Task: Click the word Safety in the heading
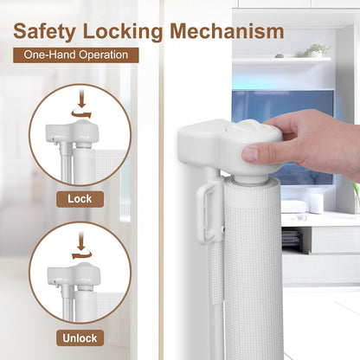(44, 32)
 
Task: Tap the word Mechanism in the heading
(228, 31)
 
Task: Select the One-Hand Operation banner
(76, 55)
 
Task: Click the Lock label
(80, 199)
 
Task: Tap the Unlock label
(80, 338)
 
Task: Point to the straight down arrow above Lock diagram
(82, 99)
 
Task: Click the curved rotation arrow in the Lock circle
(81, 113)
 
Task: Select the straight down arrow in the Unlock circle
(81, 242)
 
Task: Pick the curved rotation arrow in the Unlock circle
(81, 255)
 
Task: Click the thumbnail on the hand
(250, 154)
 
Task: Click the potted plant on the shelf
(314, 50)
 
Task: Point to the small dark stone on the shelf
(279, 55)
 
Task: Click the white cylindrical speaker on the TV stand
(317, 203)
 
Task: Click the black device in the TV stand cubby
(292, 238)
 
